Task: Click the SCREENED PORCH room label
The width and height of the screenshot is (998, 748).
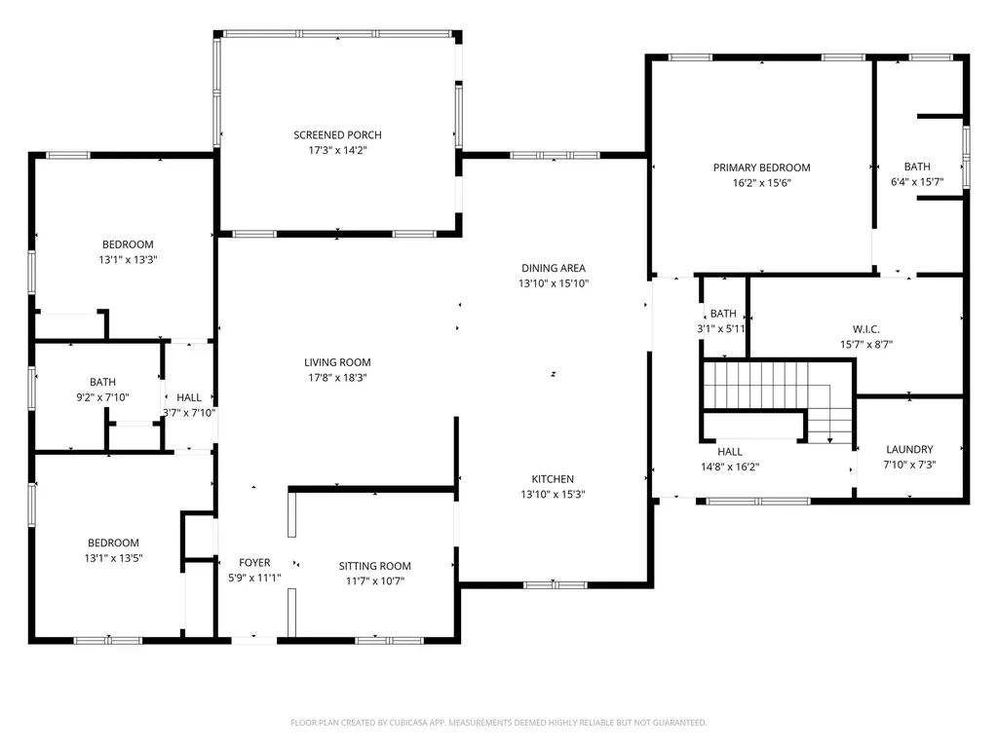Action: pyautogui.click(x=337, y=134)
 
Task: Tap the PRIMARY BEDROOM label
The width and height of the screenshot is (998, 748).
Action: pyautogui.click(x=761, y=168)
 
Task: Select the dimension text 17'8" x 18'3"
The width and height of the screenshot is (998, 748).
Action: pyautogui.click(x=337, y=378)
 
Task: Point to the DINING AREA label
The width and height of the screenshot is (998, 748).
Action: pyautogui.click(x=553, y=268)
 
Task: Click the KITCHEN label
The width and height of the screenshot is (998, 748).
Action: pyautogui.click(x=553, y=479)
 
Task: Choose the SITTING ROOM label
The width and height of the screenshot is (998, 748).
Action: pyautogui.click(x=374, y=566)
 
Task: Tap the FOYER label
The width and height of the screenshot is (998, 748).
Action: pyautogui.click(x=254, y=563)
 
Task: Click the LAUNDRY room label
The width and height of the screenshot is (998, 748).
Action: pyautogui.click(x=909, y=449)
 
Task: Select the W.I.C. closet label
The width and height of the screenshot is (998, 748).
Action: pyautogui.click(x=866, y=329)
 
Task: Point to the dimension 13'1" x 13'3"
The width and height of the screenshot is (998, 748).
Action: pyautogui.click(x=128, y=260)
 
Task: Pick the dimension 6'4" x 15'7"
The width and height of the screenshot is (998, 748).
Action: pyautogui.click(x=917, y=182)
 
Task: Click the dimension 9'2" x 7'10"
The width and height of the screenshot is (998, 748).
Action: pyautogui.click(x=102, y=396)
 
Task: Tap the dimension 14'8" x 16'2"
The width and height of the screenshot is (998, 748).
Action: pyautogui.click(x=730, y=467)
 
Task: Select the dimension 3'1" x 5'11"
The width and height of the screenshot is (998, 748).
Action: pyautogui.click(x=722, y=329)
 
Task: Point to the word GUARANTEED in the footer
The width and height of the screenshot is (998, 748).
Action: pyautogui.click(x=679, y=723)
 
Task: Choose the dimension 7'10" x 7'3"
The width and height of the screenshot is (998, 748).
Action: pyautogui.click(x=909, y=465)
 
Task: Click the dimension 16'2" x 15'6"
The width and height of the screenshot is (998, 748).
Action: pyautogui.click(x=761, y=182)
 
